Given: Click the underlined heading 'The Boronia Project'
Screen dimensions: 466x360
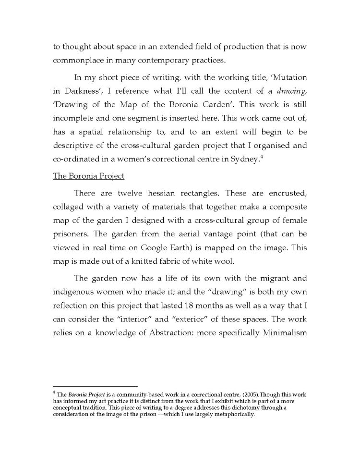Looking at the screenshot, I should point(88,176).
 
